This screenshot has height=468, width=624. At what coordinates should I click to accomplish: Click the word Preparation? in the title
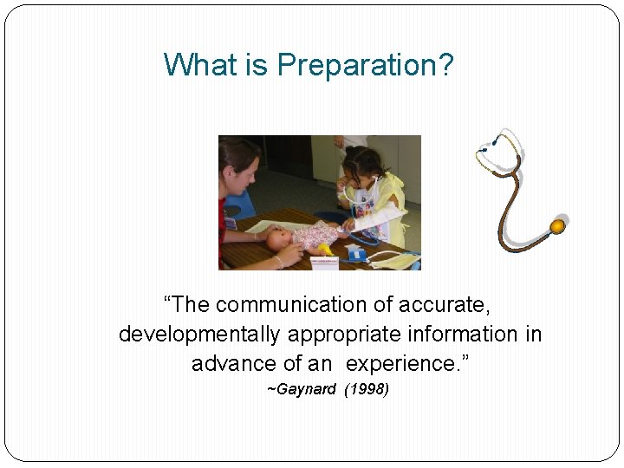pos(365,65)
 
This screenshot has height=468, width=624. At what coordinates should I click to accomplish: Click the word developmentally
pos(200,335)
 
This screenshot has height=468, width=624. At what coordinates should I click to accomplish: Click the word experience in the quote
pos(400,363)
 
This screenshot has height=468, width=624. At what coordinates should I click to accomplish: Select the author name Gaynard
pos(303,389)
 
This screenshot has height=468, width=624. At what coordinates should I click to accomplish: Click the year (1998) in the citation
pos(367,389)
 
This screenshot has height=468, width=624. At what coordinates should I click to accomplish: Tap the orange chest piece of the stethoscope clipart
pos(557,227)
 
